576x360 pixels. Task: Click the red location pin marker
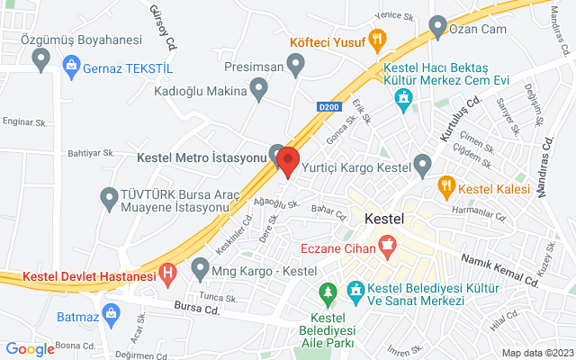coord(288,160)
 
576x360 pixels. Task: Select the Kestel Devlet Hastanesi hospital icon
coord(166,272)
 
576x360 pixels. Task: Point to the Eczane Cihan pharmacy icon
coord(387,242)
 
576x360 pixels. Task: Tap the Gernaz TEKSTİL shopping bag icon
coord(70,65)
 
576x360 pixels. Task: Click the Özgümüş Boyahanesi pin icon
coord(40,59)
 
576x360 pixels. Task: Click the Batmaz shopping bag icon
coord(111,314)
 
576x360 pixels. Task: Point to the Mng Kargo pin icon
coord(200,267)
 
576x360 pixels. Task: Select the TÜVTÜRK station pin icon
coord(110,195)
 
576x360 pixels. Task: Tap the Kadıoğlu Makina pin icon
coord(259,87)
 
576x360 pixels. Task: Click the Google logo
coord(30,349)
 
